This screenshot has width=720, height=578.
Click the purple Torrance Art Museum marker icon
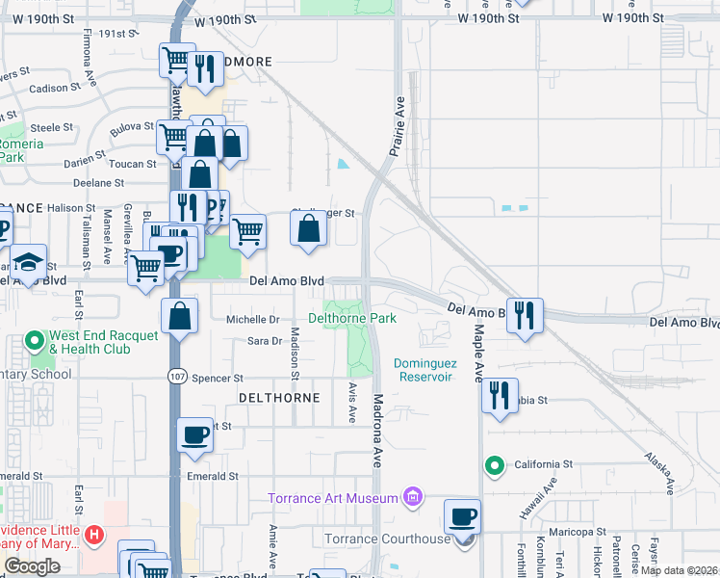coord(413,497)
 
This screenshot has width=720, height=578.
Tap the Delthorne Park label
coord(351,318)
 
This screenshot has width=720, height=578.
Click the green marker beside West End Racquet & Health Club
coord(35,341)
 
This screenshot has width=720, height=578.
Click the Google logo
coord(32,566)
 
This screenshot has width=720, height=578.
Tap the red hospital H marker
coord(93,534)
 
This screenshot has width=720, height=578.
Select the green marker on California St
coord(495,466)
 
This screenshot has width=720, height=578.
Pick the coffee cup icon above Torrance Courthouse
coord(463,516)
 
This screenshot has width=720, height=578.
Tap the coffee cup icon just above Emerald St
coord(194,434)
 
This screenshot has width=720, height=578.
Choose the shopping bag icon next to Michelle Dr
coord(180,316)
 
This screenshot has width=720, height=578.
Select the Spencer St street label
coord(218,379)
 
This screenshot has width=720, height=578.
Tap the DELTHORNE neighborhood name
coord(277,397)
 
